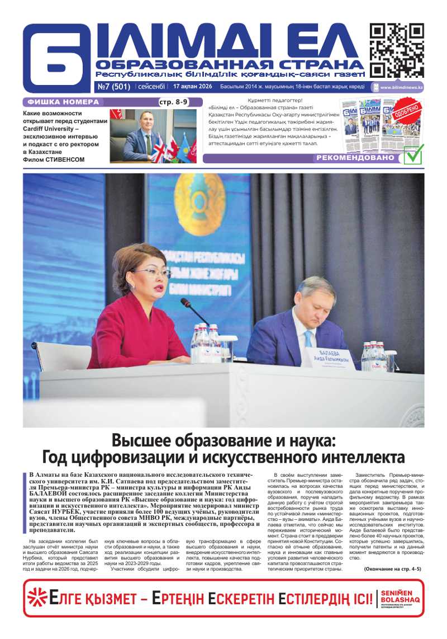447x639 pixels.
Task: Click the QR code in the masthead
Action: [396, 50]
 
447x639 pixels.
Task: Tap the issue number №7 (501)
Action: [114, 87]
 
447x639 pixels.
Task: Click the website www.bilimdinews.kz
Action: [401, 87]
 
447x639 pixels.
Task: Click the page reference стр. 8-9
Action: [174, 102]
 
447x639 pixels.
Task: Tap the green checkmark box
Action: [413, 153]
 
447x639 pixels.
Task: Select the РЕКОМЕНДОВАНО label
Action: [356, 158]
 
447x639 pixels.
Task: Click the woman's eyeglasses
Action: [151, 273]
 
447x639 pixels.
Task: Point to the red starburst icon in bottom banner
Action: [38, 598]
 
